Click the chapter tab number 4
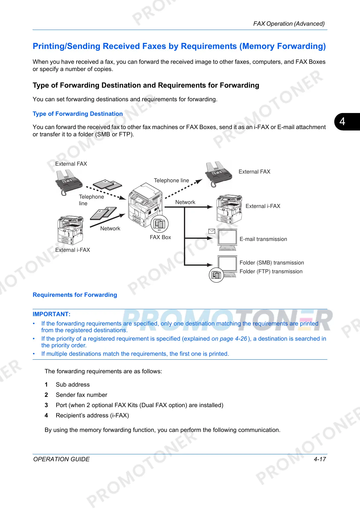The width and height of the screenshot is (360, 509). click(342, 122)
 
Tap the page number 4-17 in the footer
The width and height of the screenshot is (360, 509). click(319, 459)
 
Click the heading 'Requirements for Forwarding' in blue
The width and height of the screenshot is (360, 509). click(75, 295)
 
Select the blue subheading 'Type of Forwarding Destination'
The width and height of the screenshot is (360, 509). click(78, 114)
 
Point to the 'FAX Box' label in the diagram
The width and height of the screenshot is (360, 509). click(160, 237)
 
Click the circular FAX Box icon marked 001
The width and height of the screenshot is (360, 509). click(159, 224)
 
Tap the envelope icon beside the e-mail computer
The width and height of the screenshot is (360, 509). click(212, 231)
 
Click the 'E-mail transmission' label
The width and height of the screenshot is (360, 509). click(263, 239)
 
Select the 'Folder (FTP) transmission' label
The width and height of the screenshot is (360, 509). click(271, 271)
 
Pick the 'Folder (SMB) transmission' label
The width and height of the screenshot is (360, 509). click(272, 263)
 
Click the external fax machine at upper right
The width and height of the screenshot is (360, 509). click(219, 174)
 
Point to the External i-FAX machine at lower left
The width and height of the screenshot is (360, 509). click(70, 230)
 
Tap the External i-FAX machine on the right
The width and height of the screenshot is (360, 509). click(229, 209)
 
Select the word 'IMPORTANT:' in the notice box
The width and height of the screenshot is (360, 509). click(51, 314)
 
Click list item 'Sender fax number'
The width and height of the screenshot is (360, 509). click(81, 395)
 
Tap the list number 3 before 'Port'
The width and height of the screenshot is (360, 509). click(46, 405)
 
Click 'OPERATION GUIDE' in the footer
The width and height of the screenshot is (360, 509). click(61, 459)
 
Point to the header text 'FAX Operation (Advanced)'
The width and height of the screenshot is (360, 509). click(289, 24)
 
